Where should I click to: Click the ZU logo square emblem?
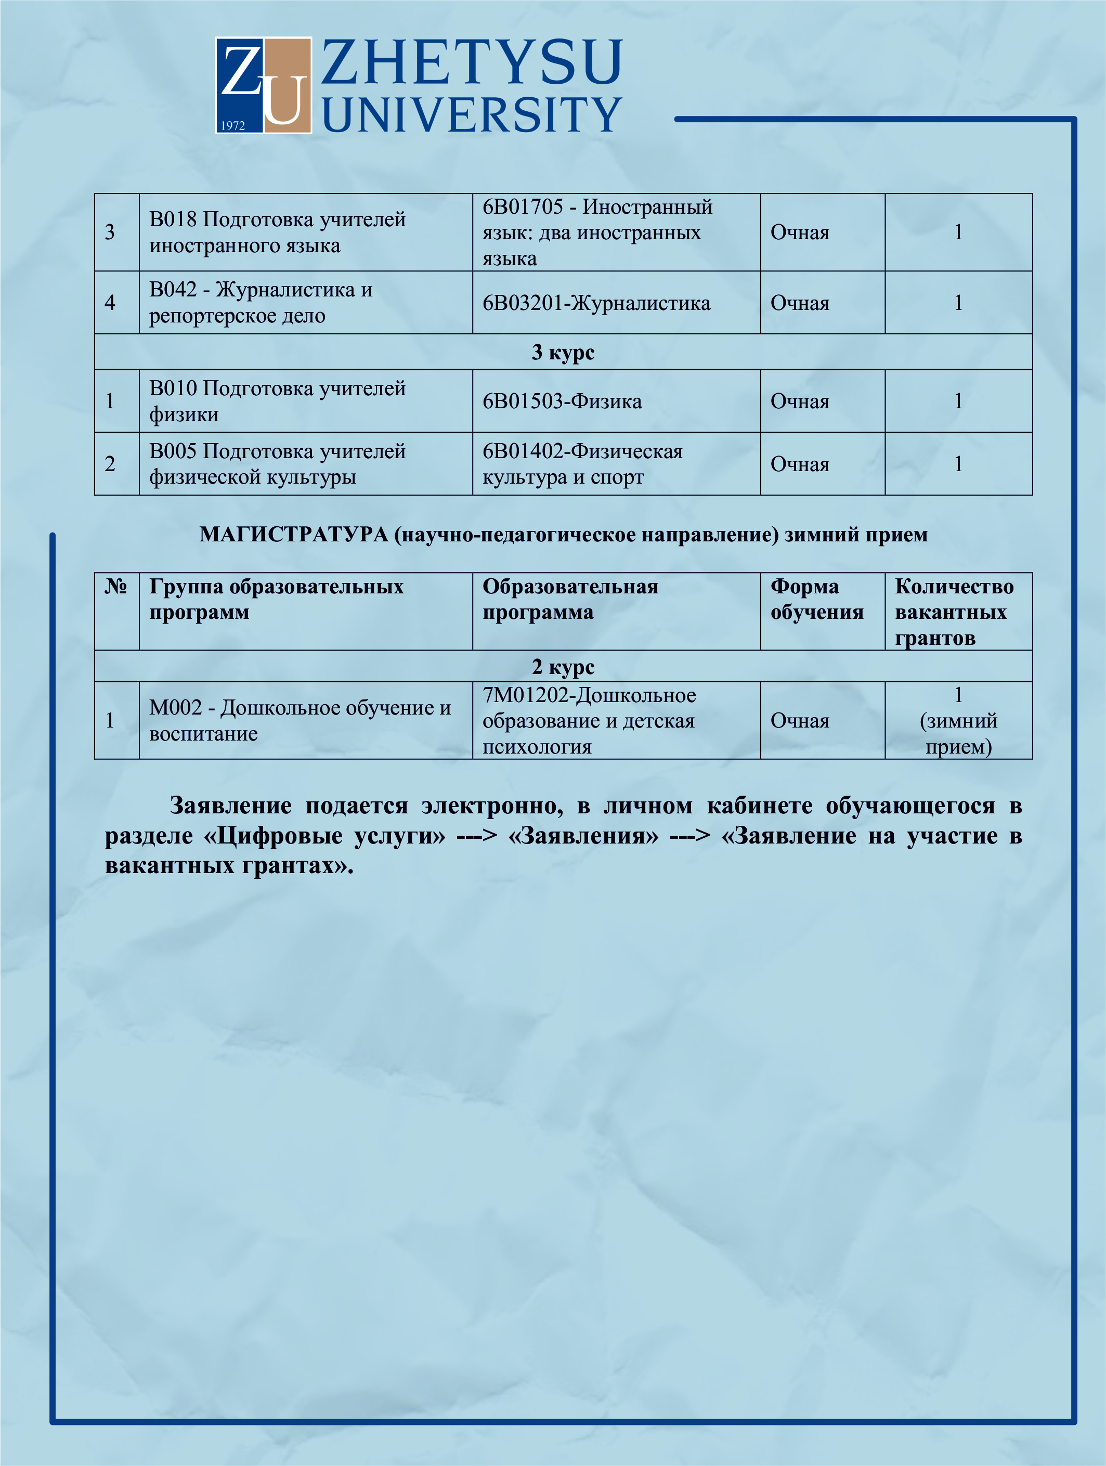pyautogui.click(x=263, y=85)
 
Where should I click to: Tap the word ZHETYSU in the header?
pyautogui.click(x=471, y=63)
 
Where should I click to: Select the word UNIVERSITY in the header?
pyautogui.click(x=471, y=114)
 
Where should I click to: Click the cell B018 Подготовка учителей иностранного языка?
pyautogui.click(x=277, y=232)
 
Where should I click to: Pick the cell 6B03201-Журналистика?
pyautogui.click(x=596, y=303)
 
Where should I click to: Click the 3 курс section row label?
pyautogui.click(x=563, y=352)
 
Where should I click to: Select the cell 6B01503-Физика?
pyautogui.click(x=562, y=401)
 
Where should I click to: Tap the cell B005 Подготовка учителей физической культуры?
pyautogui.click(x=277, y=464)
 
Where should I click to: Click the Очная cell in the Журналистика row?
pyautogui.click(x=800, y=303)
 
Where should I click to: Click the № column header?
pyautogui.click(x=116, y=587)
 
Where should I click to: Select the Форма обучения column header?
pyautogui.click(x=816, y=599)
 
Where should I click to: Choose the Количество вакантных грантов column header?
pyautogui.click(x=954, y=612)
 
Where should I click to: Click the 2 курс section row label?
pyautogui.click(x=563, y=666)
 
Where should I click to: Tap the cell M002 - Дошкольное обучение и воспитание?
pyautogui.click(x=300, y=720)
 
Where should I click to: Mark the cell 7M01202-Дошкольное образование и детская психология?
pyautogui.click(x=589, y=720)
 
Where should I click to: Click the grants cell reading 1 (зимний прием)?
pyautogui.click(x=958, y=720)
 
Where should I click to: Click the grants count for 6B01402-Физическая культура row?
pyautogui.click(x=958, y=464)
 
